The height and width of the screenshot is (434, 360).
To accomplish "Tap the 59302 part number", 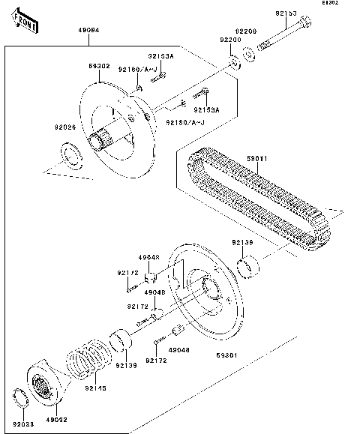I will coord(100,67).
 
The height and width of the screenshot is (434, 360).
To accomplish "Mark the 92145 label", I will coord(95,388).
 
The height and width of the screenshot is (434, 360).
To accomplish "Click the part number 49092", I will coord(58,421).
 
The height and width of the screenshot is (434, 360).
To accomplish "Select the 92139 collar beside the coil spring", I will coord(120,340).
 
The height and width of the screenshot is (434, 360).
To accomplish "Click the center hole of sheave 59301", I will coord(204,289).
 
